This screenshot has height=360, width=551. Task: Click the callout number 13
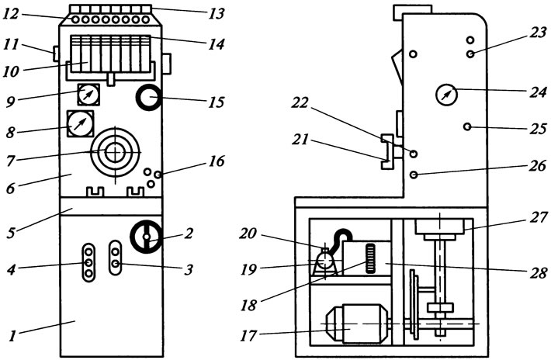216,14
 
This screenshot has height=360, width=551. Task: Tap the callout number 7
11,161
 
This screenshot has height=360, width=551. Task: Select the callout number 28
539,272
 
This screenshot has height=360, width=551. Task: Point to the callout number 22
300,103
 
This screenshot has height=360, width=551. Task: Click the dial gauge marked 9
88,95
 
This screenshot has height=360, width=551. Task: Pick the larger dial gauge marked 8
81,124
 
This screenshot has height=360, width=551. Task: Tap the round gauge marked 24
446,95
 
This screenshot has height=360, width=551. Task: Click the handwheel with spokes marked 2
147,237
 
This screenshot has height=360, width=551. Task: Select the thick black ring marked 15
149,97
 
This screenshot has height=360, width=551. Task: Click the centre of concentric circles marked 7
115,152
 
